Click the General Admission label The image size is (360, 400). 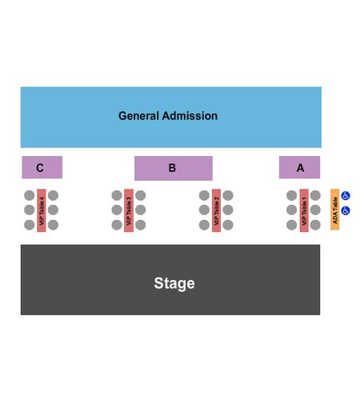(x=168, y=116)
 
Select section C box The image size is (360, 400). (x=42, y=167)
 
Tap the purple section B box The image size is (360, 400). (x=174, y=168)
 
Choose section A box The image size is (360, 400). (x=299, y=167)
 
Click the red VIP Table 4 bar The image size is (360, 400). (x=42, y=210)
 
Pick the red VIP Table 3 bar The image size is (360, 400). (x=129, y=210)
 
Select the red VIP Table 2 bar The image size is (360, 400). (x=216, y=210)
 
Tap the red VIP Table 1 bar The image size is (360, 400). (x=304, y=210)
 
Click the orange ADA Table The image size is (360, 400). (x=335, y=210)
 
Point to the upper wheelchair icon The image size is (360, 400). (x=346, y=196)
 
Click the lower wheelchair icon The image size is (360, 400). (x=346, y=210)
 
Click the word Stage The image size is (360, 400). (x=174, y=283)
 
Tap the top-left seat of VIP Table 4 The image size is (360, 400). (x=30, y=195)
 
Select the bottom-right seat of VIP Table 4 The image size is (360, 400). (x=53, y=225)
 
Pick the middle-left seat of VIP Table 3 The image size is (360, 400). (x=117, y=210)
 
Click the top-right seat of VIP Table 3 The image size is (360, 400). (x=141, y=195)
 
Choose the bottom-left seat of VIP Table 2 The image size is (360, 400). (x=204, y=225)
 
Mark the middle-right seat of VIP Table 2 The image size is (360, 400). (x=228, y=210)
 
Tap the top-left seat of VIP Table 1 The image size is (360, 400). (x=292, y=195)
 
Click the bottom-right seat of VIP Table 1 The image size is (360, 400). (x=315, y=225)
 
